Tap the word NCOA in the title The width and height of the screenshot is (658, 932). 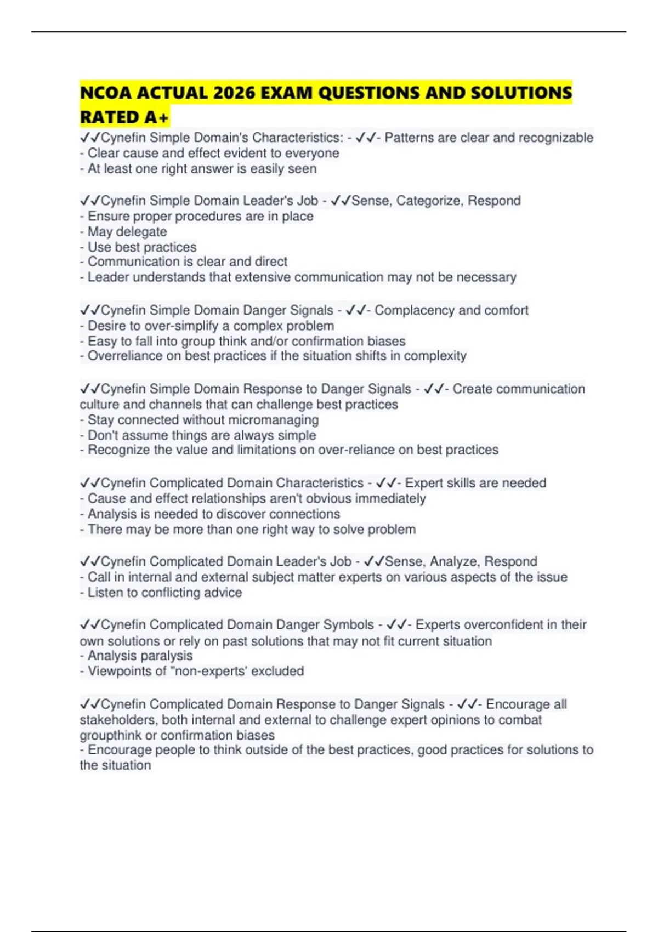[106, 93]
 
